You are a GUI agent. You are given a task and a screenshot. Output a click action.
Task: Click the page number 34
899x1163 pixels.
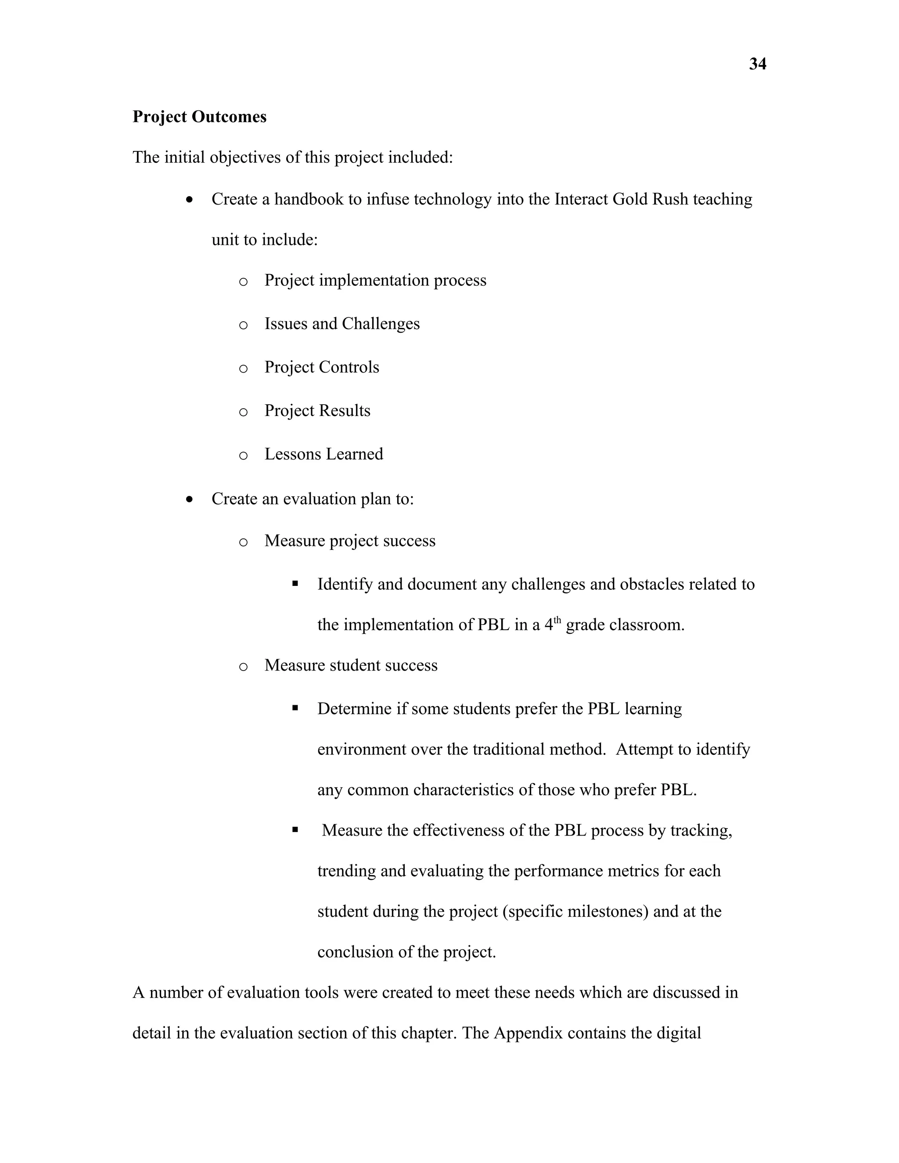pyautogui.click(x=757, y=64)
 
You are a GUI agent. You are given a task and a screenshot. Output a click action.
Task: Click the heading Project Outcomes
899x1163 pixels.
pyautogui.click(x=199, y=117)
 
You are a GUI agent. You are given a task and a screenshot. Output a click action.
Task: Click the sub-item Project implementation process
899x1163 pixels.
pyautogui.click(x=375, y=280)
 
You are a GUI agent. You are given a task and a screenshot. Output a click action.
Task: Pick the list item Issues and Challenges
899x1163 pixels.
pyautogui.click(x=342, y=324)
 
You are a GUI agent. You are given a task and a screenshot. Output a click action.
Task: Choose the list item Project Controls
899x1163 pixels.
pyautogui.click(x=322, y=367)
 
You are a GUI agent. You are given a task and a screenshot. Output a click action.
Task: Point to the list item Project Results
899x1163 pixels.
pyautogui.click(x=317, y=411)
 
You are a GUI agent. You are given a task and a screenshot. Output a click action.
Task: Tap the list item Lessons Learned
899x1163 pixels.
pyautogui.click(x=324, y=454)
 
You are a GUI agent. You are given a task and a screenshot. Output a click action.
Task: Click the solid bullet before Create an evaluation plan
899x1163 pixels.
pyautogui.click(x=190, y=499)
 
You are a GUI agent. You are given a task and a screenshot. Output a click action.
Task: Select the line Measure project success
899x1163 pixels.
pyautogui.click(x=350, y=541)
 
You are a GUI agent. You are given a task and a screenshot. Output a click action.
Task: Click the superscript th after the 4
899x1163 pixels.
pyautogui.click(x=557, y=620)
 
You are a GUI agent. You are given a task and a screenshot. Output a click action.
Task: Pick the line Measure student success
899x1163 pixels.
pyautogui.click(x=351, y=666)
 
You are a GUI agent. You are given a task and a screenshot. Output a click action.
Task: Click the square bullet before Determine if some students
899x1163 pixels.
pyautogui.click(x=295, y=708)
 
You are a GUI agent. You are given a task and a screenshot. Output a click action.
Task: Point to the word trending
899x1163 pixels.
pyautogui.click(x=347, y=871)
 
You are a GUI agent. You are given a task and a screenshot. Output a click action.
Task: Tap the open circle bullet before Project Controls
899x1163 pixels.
pyautogui.click(x=243, y=369)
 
